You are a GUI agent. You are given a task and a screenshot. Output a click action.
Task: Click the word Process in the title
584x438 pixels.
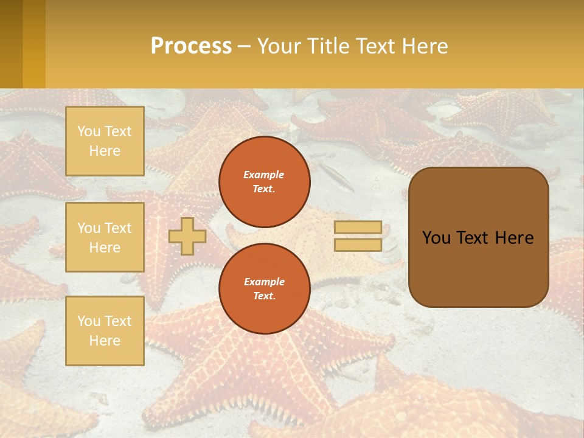pos(191,46)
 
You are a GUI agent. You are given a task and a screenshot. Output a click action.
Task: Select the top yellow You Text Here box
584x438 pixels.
pos(105,141)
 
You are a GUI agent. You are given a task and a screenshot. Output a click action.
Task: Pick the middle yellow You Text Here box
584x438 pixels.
pos(105,237)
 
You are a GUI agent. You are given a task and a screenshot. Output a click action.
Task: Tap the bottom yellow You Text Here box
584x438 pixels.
pos(105,331)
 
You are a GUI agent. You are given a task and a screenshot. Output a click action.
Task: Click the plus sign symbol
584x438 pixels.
pos(187,236)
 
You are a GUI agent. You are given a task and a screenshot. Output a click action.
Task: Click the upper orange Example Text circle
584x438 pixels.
pos(265,182)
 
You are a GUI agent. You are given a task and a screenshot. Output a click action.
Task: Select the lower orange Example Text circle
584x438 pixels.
pos(265,289)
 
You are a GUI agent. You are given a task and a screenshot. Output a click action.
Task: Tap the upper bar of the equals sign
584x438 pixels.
pos(358,227)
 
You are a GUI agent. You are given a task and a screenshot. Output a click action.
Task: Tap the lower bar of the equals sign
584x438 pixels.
pos(358,245)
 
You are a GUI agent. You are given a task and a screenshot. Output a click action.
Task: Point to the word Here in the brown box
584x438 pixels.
pos(514,238)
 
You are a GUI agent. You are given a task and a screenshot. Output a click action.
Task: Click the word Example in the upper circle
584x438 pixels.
pos(264,175)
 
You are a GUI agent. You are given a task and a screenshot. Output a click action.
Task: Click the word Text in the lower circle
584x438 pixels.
pos(263,296)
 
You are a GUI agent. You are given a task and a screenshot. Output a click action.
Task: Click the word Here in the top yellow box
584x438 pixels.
pos(105,151)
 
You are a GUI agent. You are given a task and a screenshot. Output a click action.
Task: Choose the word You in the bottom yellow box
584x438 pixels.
pos(89,321)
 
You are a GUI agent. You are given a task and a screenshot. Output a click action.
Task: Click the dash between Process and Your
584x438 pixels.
pos(244,46)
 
